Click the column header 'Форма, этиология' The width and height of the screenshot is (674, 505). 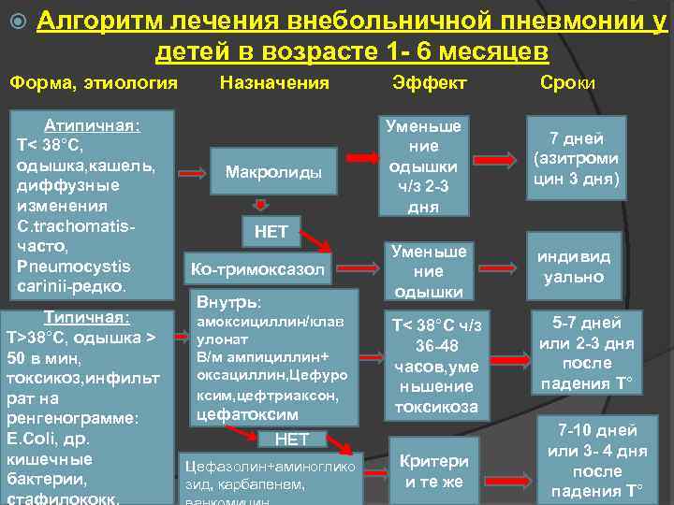94,83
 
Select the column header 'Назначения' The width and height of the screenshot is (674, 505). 273,83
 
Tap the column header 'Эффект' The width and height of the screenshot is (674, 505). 431,83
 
